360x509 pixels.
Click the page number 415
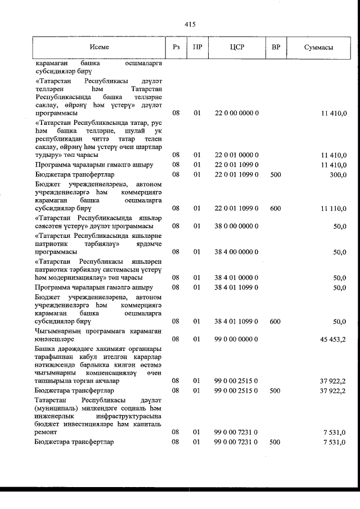click(x=189, y=24)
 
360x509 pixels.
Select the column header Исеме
click(x=99, y=48)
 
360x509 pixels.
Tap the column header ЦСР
click(x=236, y=48)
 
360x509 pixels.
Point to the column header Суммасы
click(x=318, y=48)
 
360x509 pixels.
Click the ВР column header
click(x=276, y=48)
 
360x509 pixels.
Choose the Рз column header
click(x=176, y=48)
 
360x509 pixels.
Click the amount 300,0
click(x=337, y=175)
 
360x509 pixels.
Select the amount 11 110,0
click(x=332, y=208)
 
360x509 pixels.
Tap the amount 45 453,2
click(x=332, y=339)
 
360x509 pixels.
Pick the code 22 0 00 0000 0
click(x=236, y=113)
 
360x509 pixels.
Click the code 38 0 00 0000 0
click(x=236, y=226)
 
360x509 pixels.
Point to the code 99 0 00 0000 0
click(x=236, y=339)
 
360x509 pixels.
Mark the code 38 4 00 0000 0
click(x=236, y=252)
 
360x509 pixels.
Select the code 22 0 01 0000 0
click(x=236, y=154)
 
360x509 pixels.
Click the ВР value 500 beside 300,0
click(x=275, y=175)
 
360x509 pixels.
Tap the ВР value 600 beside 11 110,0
click(x=275, y=208)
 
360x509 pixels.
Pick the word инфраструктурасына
click(x=128, y=415)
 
